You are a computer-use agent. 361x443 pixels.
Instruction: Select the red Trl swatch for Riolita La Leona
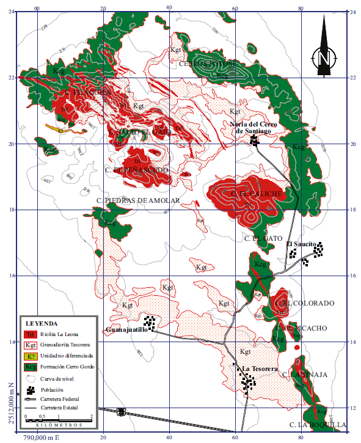[30, 334]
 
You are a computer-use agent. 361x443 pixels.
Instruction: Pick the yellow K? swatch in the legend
[30, 356]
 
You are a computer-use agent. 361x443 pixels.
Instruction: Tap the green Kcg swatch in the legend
[30, 367]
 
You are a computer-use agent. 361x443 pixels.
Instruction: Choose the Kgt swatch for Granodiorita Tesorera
[30, 345]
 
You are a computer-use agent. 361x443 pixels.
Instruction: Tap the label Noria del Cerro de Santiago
[255, 127]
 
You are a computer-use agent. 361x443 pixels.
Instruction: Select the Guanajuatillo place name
[127, 330]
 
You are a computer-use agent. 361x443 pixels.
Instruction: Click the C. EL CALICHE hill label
[257, 194]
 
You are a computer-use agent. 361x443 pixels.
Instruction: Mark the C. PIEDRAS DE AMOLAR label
[138, 200]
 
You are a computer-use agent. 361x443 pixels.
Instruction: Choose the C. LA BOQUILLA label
[317, 424]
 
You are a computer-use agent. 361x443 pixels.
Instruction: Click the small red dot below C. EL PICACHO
[297, 348]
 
